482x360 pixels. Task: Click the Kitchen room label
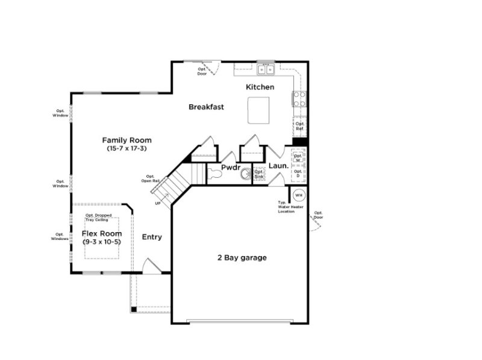[260, 87]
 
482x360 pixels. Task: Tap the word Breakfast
[206, 107]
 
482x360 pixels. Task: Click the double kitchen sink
[266, 70]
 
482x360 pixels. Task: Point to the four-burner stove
[299, 98]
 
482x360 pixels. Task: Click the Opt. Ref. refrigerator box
[299, 127]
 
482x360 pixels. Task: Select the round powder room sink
[245, 175]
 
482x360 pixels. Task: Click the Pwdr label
[231, 168]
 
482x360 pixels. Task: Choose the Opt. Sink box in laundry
[259, 174]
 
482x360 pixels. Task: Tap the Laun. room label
[278, 165]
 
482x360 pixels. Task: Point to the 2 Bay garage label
[242, 258]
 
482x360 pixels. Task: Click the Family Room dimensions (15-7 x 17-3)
[127, 148]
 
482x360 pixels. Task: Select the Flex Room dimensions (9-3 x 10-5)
[102, 242]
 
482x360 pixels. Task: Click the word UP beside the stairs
[158, 203]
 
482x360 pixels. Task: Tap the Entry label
[152, 237]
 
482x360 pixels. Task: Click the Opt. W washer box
[298, 157]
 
